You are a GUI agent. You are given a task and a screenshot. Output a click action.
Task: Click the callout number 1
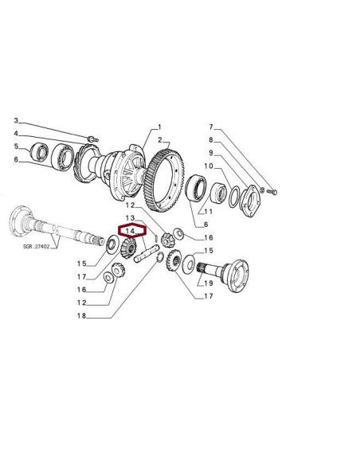tap(159, 127)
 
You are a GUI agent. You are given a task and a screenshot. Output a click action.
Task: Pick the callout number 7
tap(210, 127)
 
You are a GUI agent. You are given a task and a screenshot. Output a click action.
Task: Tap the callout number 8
tap(210, 140)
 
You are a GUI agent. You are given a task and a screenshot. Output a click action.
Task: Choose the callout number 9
tap(210, 153)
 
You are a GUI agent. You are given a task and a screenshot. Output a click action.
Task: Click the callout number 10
tap(209, 166)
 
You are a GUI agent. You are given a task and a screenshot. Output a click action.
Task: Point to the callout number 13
tap(130, 217)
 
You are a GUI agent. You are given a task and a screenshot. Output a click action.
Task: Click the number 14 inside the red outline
tap(129, 231)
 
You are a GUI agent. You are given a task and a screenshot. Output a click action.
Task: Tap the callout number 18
tap(82, 315)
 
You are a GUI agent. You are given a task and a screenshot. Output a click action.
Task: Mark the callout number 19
tap(209, 282)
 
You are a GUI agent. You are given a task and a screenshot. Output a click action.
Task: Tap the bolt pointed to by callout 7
tap(273, 191)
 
